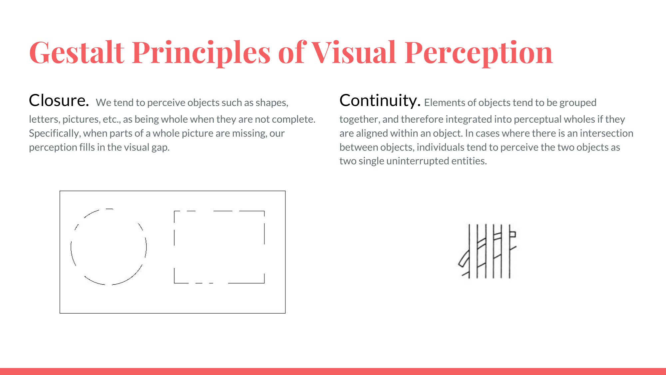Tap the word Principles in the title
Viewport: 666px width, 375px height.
tap(201, 53)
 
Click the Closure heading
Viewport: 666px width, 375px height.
tap(59, 100)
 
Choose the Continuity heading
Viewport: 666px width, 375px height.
tap(380, 101)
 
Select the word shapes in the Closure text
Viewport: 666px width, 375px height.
tap(272, 103)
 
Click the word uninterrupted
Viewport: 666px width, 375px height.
tap(418, 161)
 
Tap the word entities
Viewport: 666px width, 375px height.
tap(469, 161)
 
